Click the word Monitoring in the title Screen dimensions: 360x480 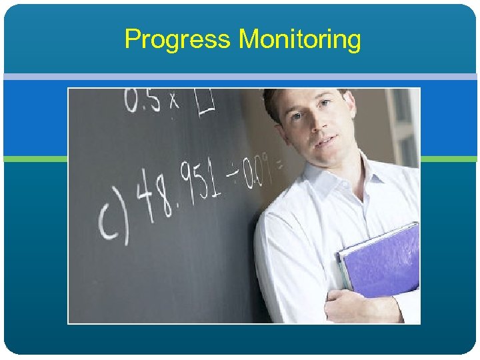(300, 40)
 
